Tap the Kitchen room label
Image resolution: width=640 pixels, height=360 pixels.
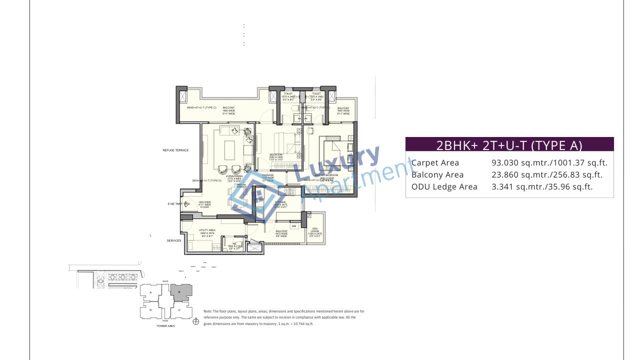coord(280,202)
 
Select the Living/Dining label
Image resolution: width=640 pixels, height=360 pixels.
coord(234,176)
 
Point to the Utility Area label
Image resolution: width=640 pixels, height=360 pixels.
coord(207,230)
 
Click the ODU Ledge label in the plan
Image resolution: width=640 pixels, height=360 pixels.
coord(315,229)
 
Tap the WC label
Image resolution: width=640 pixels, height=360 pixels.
coord(234,244)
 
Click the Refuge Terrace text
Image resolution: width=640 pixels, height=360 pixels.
coord(175,150)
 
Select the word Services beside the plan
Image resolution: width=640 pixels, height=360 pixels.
coord(174,240)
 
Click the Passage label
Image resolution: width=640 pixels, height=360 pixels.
coord(267,175)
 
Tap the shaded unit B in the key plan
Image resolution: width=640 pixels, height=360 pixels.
coord(180,291)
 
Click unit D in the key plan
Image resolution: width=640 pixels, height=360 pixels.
coord(150,310)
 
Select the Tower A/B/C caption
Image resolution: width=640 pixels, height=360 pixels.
coord(165,325)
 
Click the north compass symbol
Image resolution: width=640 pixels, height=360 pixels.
coord(195,321)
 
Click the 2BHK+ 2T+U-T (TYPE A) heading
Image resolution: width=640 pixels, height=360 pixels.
coord(509,145)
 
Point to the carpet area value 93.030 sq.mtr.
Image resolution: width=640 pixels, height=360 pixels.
coord(521,162)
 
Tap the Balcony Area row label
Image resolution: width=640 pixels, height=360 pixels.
coord(437,174)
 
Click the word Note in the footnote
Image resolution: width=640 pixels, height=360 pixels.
coord(208,311)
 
